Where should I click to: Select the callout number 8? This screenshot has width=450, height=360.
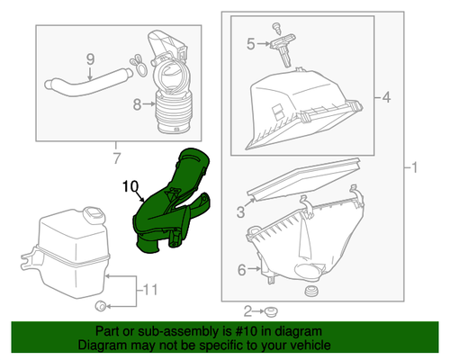[x=138, y=104]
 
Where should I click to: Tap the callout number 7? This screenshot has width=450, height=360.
[x=115, y=159]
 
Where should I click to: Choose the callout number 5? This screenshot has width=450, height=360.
[x=252, y=41]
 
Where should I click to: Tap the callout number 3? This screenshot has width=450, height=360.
[x=241, y=211]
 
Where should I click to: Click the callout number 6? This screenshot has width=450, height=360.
[x=241, y=269]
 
